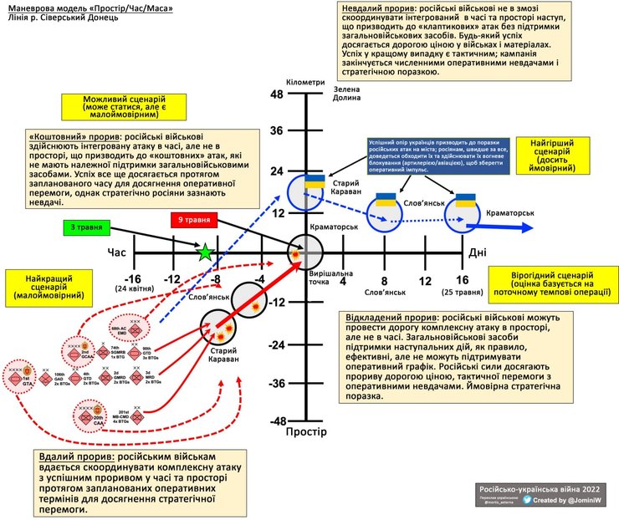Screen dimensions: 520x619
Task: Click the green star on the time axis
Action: pyautogui.click(x=203, y=252)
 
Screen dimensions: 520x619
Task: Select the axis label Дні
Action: pyautogui.click(x=478, y=252)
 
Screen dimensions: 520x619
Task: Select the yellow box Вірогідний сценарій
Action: pyautogui.click(x=552, y=284)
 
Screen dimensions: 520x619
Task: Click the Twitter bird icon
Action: pyautogui.click(x=528, y=500)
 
